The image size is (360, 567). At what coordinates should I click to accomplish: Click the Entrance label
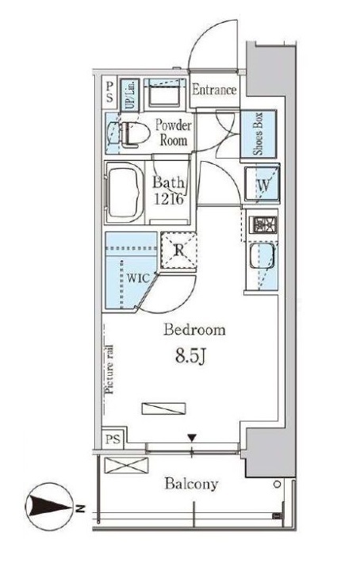pos(214,90)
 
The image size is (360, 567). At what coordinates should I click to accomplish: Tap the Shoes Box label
pos(258,134)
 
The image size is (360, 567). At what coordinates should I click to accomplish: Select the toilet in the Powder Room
pos(134,134)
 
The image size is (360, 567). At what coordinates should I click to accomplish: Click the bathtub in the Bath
pos(124,193)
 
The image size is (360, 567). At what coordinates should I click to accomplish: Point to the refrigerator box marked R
pos(178,251)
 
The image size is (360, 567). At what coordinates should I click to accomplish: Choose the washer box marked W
pos(262,184)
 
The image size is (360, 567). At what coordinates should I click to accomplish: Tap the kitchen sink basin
pos(262,256)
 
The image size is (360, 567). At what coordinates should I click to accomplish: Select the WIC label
pos(138,278)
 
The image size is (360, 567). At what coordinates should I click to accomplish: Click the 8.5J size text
pos(191,357)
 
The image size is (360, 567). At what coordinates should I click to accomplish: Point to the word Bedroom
pos(194,330)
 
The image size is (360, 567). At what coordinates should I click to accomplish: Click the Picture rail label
pos(109,370)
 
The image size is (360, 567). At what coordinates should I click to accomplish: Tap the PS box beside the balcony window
pos(113,439)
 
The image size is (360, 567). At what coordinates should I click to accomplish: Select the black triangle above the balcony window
pos(192,439)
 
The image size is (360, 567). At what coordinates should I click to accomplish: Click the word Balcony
pos(191,484)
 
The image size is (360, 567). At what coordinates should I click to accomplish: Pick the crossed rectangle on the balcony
pos(126,465)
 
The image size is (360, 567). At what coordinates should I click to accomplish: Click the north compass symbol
pos(49,506)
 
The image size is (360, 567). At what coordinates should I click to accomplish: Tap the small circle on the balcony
pos(278,485)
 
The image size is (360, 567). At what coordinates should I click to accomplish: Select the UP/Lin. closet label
pos(130,95)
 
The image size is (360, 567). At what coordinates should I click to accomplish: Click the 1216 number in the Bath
pos(169,198)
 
